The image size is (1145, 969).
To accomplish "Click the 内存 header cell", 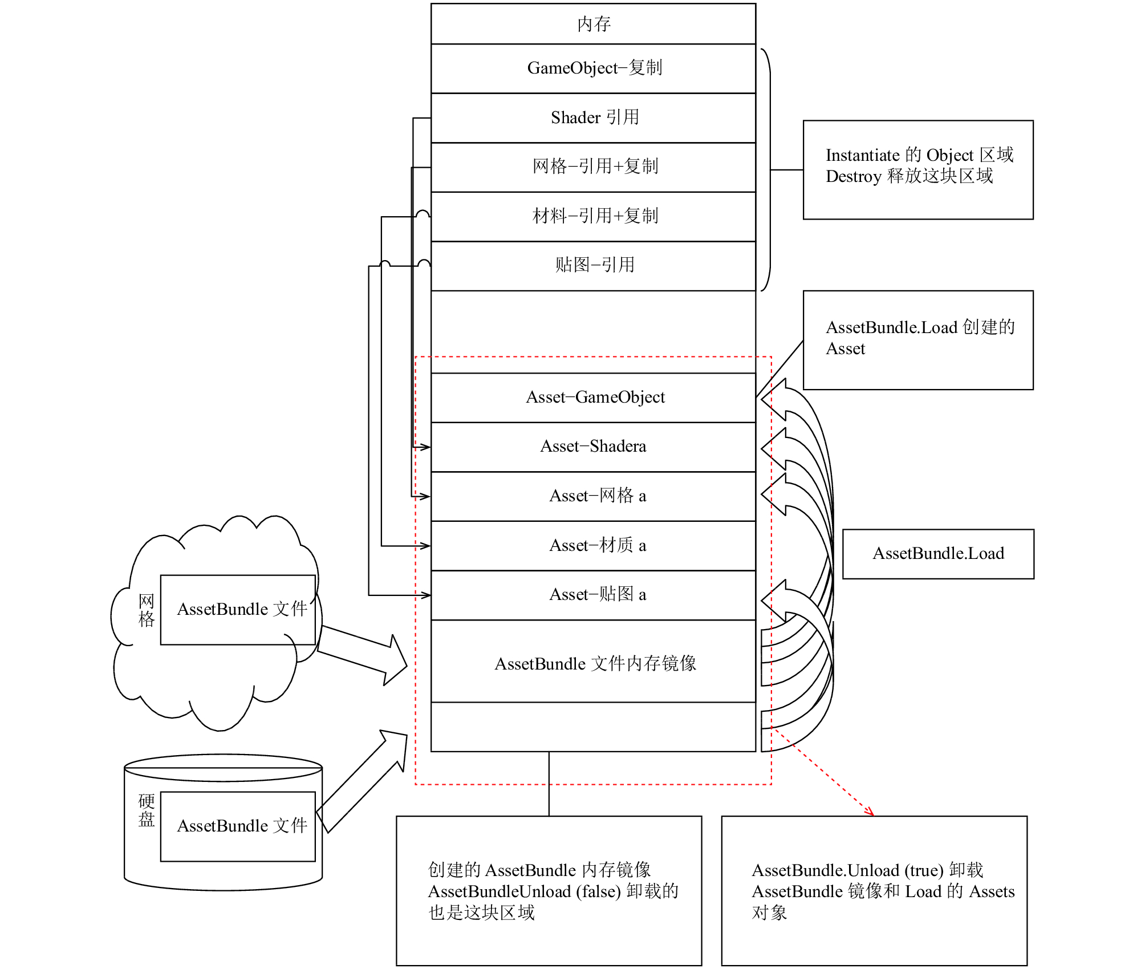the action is click(593, 24).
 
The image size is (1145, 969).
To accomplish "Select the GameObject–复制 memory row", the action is click(593, 68).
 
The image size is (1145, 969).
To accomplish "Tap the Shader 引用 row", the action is click(593, 118).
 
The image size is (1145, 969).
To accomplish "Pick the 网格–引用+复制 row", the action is click(593, 167).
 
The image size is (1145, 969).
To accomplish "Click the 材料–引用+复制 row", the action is click(593, 217).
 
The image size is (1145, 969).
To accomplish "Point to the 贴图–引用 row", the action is click(593, 266).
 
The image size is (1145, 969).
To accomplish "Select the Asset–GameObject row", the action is click(593, 398).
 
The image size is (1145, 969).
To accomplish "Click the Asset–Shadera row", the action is click(593, 447).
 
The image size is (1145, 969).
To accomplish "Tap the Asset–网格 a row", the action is click(593, 496).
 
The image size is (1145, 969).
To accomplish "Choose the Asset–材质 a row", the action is click(593, 546).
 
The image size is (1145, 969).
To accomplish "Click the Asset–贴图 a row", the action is click(593, 595).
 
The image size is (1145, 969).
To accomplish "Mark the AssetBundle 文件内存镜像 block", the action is click(593, 661).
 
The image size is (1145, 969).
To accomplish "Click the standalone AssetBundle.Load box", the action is click(938, 554).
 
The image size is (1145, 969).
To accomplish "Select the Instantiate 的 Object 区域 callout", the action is click(918, 169).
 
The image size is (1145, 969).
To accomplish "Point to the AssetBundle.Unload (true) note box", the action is click(874, 890).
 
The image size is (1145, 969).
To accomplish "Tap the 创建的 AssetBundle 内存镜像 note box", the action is click(549, 890).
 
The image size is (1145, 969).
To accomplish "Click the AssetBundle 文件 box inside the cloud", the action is click(238, 610).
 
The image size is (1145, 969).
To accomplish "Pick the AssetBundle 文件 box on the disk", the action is click(238, 826).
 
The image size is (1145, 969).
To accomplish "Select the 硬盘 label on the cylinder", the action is click(147, 810).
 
